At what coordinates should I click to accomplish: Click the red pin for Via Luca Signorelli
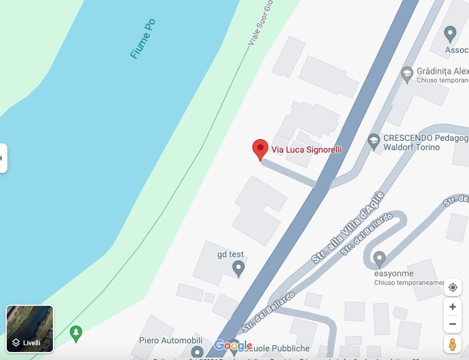(260, 149)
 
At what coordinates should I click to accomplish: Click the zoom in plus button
(452, 306)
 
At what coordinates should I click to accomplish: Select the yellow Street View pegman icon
(452, 344)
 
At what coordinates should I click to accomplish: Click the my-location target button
(452, 287)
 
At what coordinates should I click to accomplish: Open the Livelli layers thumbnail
(30, 329)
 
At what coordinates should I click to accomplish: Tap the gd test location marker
(238, 268)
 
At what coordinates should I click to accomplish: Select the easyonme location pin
(380, 258)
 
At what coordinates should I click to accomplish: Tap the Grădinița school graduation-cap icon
(406, 74)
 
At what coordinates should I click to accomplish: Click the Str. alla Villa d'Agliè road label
(348, 227)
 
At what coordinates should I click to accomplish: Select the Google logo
(233, 346)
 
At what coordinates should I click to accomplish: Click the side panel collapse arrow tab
(2, 158)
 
